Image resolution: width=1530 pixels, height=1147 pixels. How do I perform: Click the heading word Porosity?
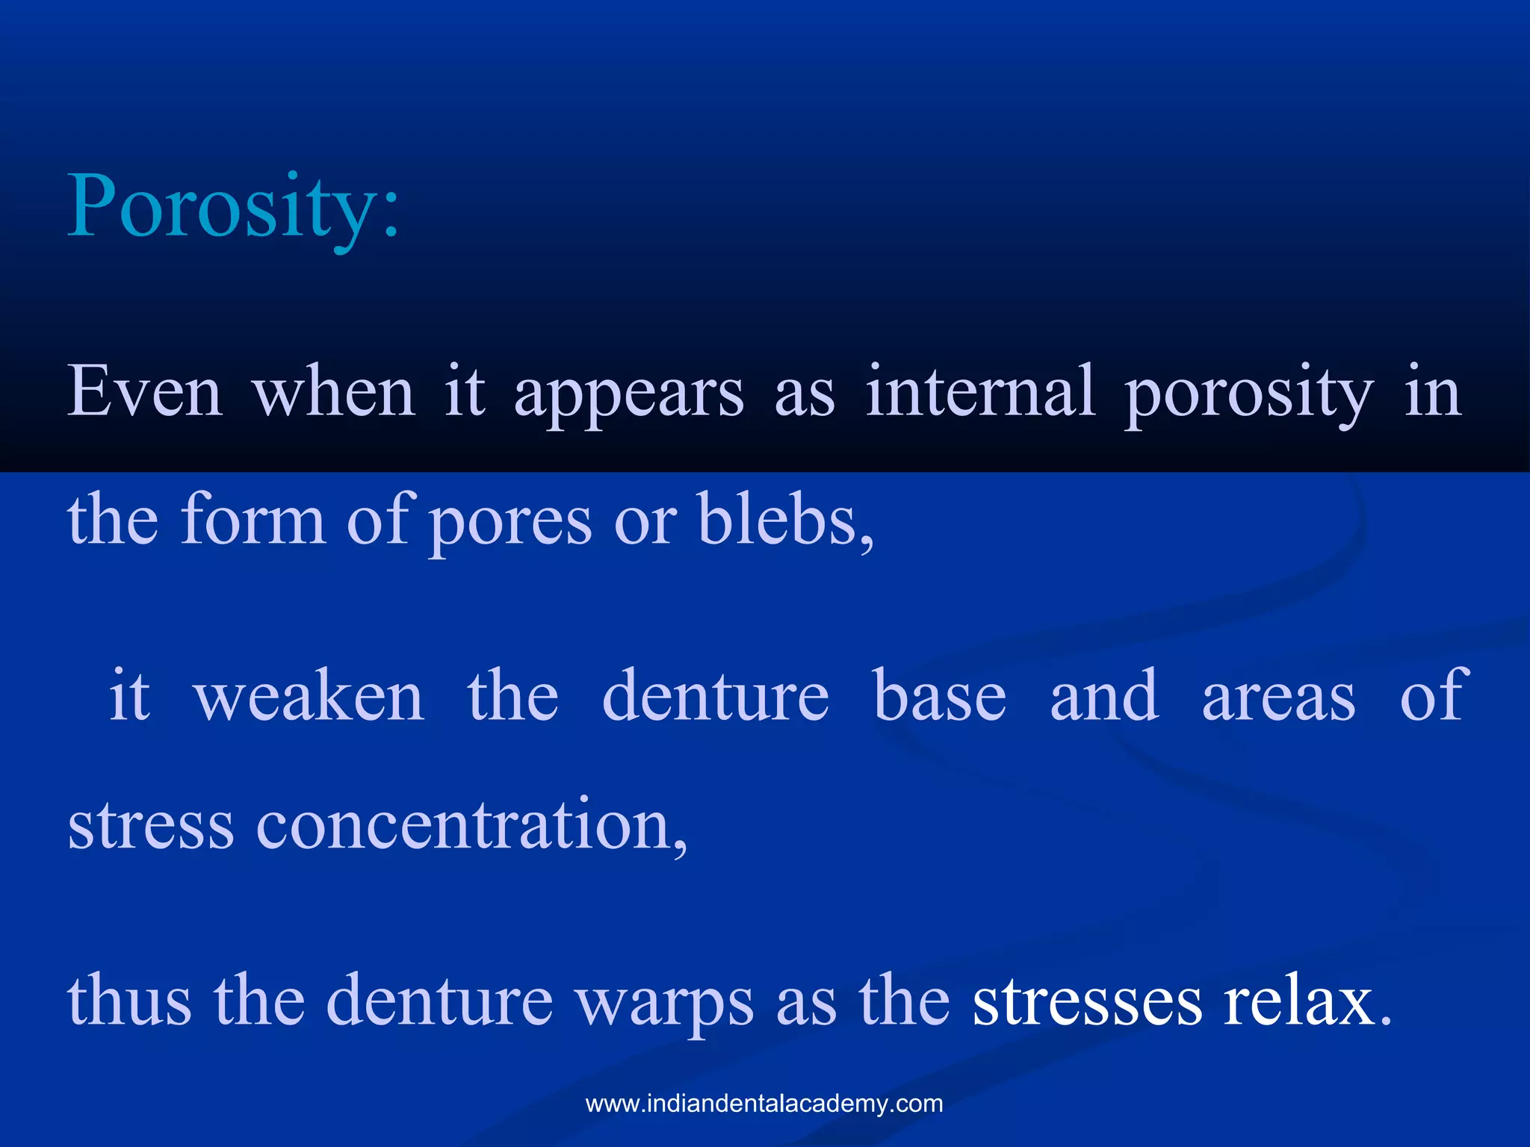[x=233, y=207]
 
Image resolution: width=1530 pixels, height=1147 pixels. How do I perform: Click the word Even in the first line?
[x=145, y=392]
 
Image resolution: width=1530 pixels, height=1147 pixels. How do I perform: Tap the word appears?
[x=629, y=394]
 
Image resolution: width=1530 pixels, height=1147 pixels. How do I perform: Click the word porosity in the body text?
[x=1248, y=394]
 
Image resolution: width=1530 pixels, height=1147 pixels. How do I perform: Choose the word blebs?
[x=784, y=520]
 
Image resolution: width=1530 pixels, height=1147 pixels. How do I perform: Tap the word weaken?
[x=309, y=696]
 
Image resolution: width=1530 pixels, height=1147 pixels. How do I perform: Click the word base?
[x=940, y=696]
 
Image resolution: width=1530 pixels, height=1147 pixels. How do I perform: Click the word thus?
[x=129, y=1001]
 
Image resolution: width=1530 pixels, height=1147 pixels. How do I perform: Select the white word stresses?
[x=1087, y=1001]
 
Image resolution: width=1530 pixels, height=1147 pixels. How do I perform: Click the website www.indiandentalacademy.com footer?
[x=764, y=1104]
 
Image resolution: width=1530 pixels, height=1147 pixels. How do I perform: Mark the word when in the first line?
[x=333, y=392]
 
